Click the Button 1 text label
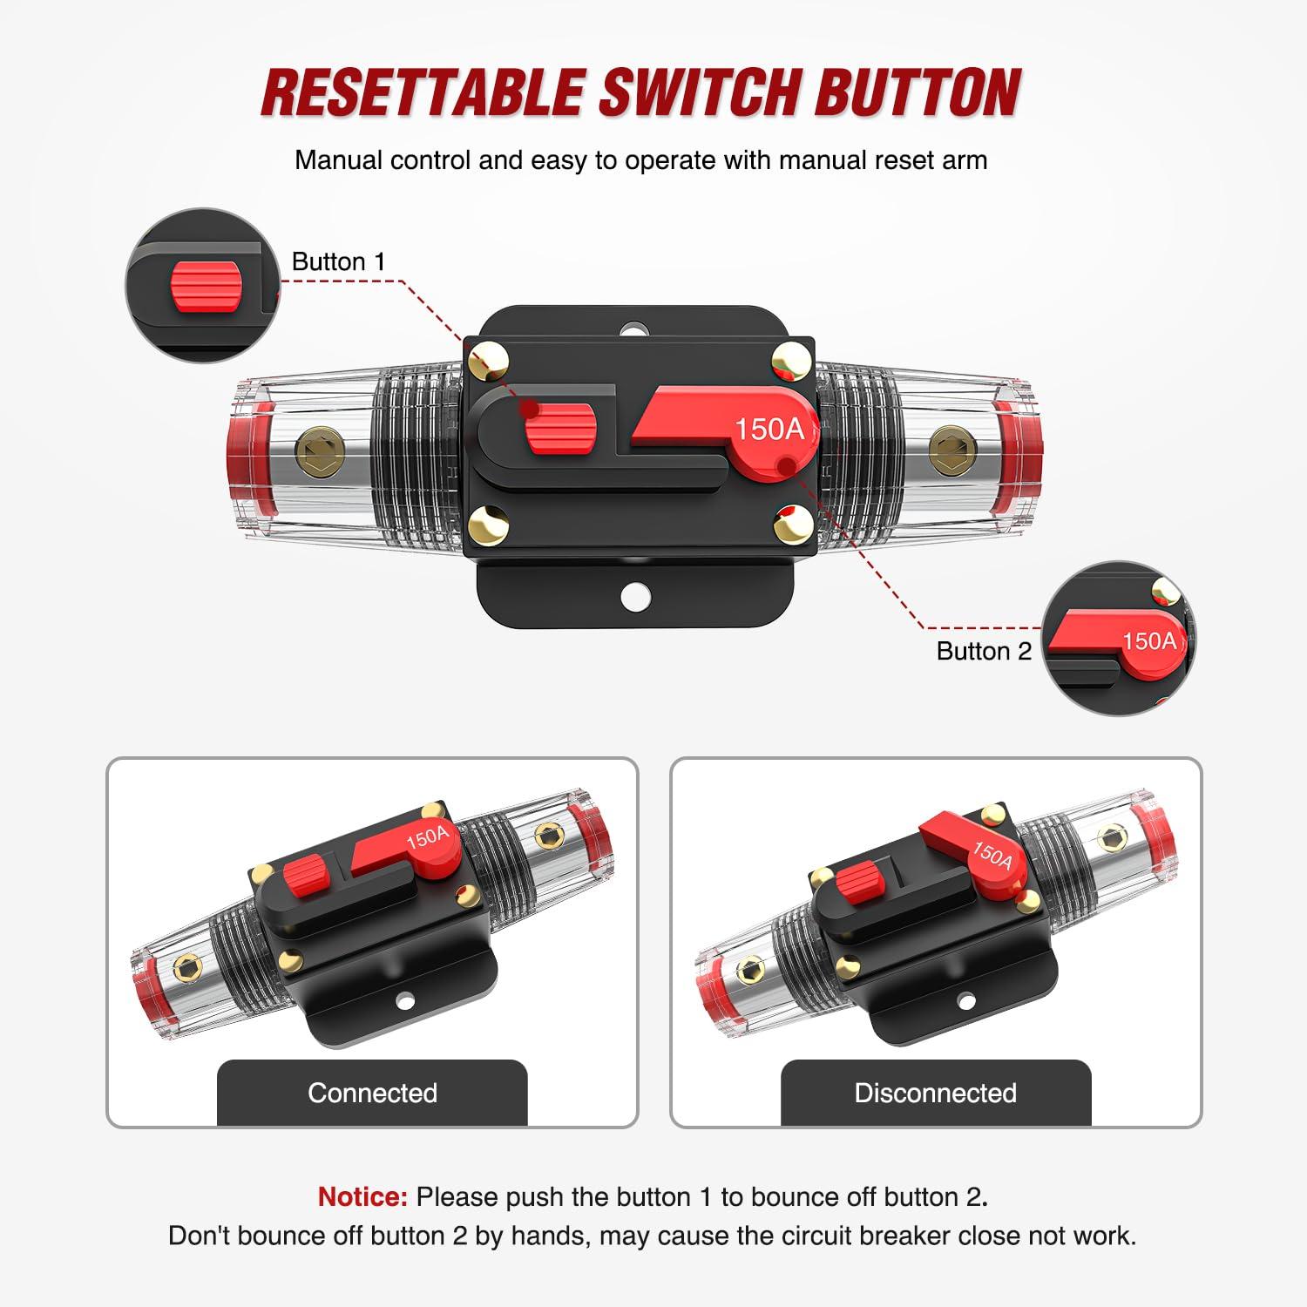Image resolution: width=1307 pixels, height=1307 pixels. tap(338, 261)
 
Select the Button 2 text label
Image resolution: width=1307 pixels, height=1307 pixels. tap(983, 651)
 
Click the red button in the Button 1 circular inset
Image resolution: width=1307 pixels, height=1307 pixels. tap(206, 285)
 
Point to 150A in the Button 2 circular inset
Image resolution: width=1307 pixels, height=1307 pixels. tap(1148, 641)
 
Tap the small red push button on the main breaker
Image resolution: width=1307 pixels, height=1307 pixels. tap(560, 429)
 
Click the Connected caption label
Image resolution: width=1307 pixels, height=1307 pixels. tap(372, 1093)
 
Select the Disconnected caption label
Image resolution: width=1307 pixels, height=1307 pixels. tap(935, 1093)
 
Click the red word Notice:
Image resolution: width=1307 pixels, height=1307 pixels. tap(362, 1196)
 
